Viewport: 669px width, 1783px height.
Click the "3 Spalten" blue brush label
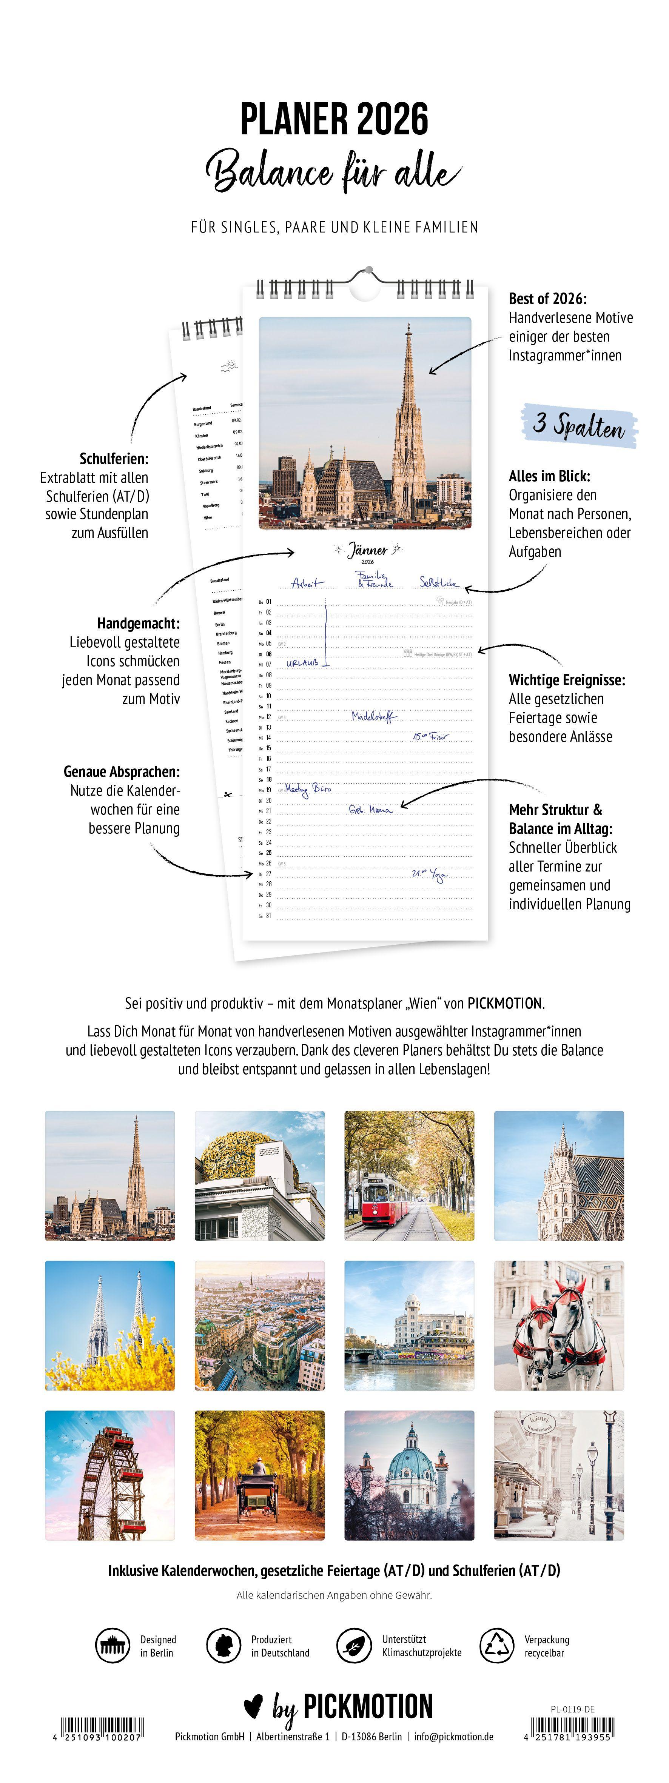[x=580, y=425]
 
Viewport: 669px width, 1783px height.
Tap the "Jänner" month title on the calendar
[x=368, y=551]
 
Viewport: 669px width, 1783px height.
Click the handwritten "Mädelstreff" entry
[x=375, y=716]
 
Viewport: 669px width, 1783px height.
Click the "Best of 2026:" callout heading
[x=547, y=299]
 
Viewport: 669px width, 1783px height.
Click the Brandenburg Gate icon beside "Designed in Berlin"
[x=112, y=1646]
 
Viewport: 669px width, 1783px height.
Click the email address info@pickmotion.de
[x=454, y=1737]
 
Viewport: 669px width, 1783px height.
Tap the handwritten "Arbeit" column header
[x=307, y=583]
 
